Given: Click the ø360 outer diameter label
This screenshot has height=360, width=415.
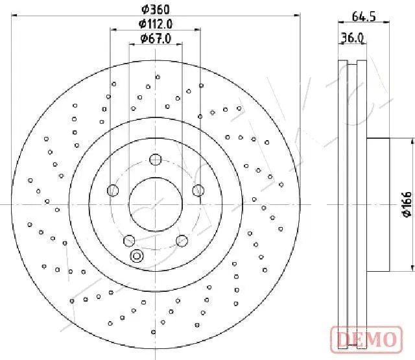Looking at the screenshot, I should tap(155, 9).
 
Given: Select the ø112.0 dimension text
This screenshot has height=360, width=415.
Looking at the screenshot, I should tap(155, 24).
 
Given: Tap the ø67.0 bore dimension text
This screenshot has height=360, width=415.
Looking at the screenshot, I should tap(155, 38).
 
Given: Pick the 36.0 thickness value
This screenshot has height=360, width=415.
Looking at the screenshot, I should tap(351, 38).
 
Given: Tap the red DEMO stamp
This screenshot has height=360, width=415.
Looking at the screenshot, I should tap(364, 338).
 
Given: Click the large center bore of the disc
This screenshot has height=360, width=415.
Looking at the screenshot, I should tap(155, 204).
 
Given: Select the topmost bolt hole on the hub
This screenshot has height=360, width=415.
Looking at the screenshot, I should tap(155, 160).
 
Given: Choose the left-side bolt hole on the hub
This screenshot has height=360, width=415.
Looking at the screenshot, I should tap(113, 190).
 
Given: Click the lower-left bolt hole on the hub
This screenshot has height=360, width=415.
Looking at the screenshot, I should tap(129, 240).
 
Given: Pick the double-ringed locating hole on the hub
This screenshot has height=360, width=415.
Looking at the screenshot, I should tap(137, 256).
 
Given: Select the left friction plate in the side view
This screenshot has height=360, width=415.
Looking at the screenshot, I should tap(343, 204).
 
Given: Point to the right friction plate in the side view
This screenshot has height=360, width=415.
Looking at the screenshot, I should tap(362, 204).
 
